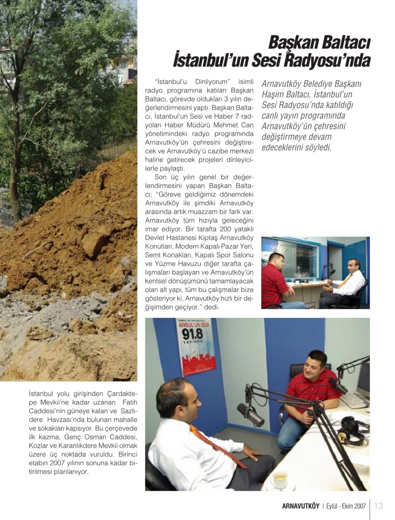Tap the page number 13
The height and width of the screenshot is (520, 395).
pos(378,506)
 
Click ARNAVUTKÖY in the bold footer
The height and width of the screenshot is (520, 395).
pos(301,506)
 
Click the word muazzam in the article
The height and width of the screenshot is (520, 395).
pos(207,212)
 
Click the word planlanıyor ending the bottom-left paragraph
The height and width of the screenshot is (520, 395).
pos(70,472)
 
